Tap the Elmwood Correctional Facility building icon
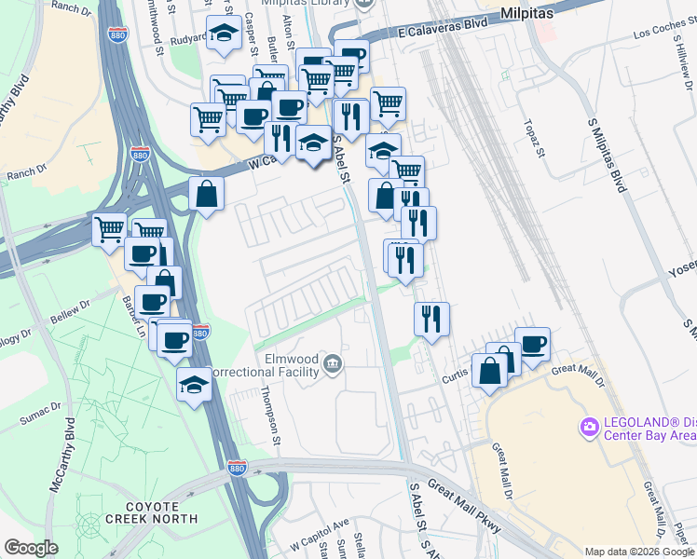(x=333, y=361)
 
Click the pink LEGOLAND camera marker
(x=588, y=428)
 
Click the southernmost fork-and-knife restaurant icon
(x=431, y=318)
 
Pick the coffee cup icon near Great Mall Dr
(x=532, y=344)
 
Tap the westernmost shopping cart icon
(x=109, y=228)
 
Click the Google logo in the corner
(x=30, y=548)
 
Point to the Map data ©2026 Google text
(x=638, y=552)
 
